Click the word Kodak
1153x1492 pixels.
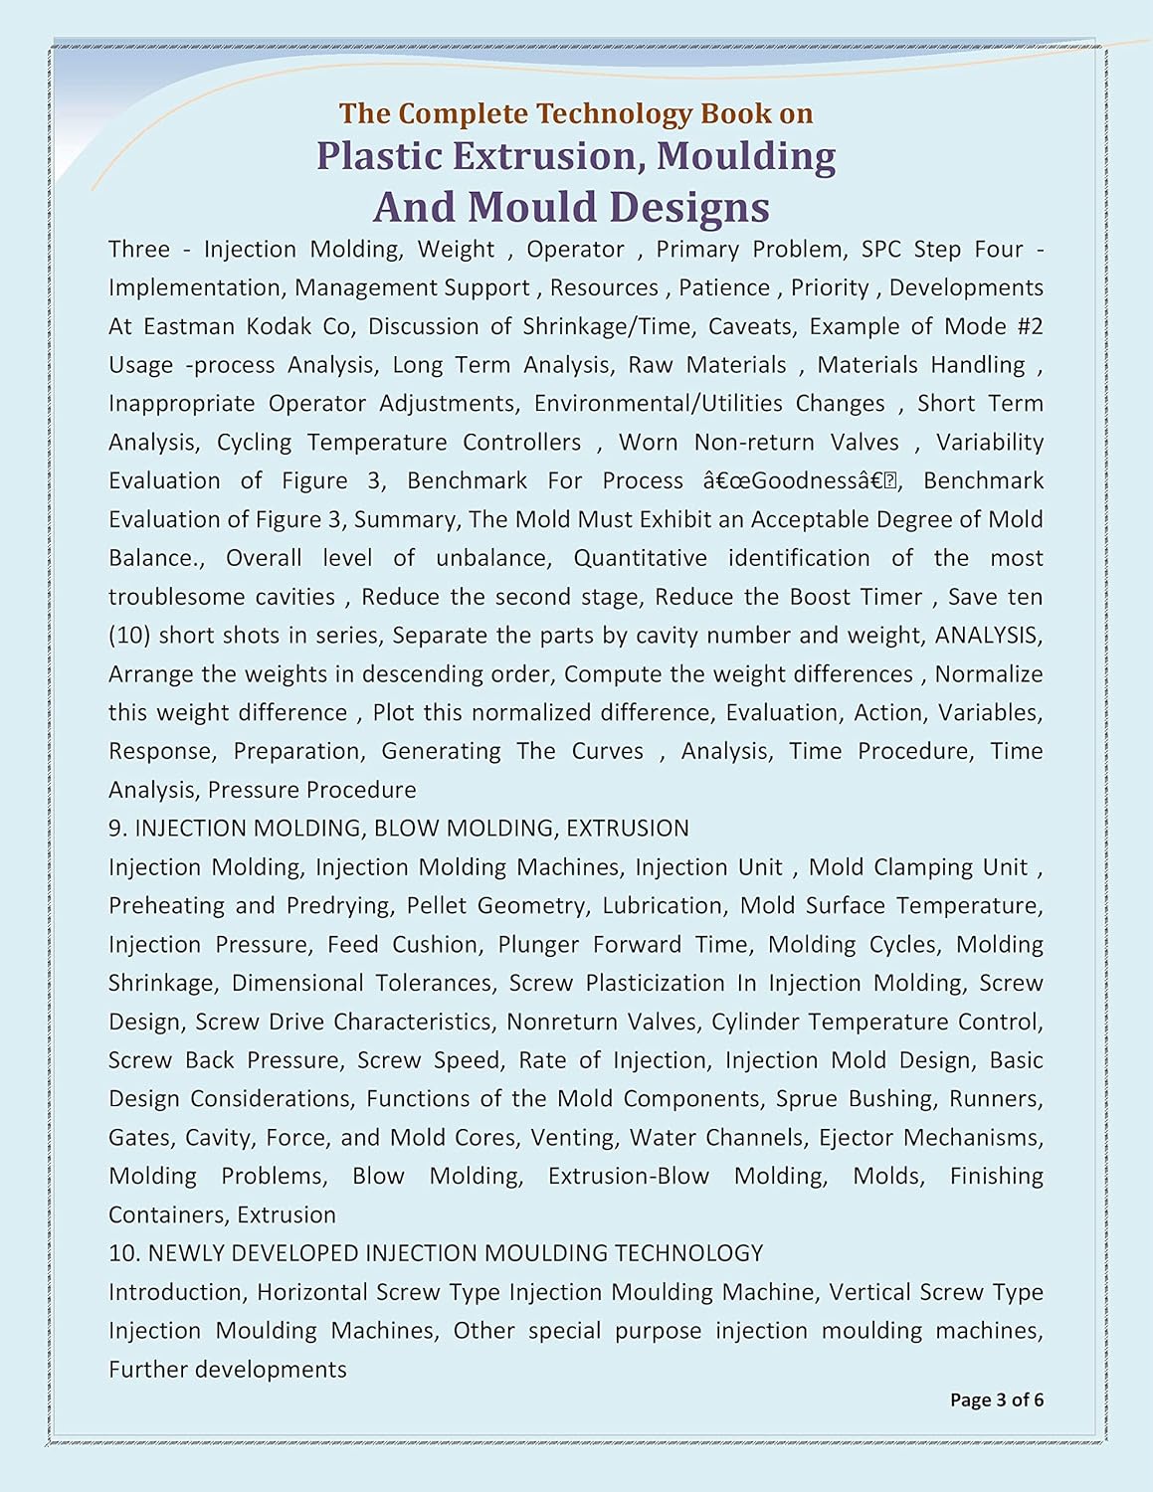[274, 326]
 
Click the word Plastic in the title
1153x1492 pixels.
[378, 156]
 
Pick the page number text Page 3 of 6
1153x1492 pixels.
[996, 1399]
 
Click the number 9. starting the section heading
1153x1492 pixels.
[117, 828]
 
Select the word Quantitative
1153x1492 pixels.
[640, 558]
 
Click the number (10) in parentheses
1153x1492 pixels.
[129, 635]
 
